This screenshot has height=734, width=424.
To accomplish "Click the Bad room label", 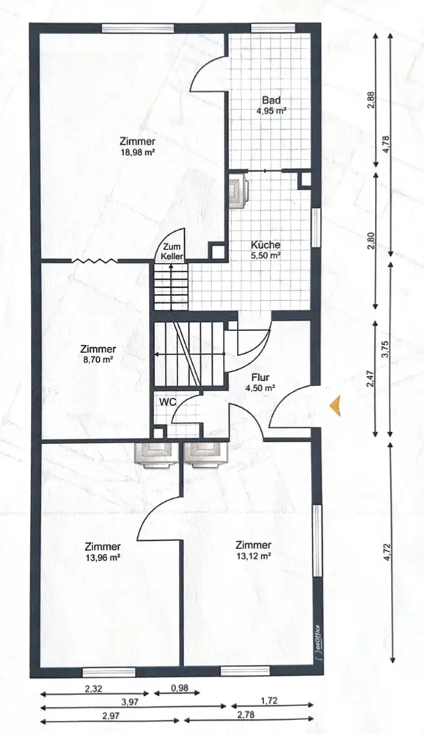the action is click(x=271, y=100).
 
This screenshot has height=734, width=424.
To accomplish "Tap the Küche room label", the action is click(x=266, y=245).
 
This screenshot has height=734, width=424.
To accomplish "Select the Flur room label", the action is click(x=260, y=378).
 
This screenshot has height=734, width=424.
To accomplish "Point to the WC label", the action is click(x=166, y=402).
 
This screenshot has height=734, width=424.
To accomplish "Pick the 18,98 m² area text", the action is click(x=137, y=152).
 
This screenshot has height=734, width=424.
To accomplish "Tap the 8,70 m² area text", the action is click(x=98, y=360).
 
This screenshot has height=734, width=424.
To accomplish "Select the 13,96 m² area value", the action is click(x=103, y=558).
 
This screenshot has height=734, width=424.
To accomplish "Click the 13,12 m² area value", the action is click(x=253, y=556).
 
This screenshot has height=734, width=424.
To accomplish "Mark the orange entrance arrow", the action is click(x=335, y=405).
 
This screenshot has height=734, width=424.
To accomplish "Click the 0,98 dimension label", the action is click(x=177, y=688).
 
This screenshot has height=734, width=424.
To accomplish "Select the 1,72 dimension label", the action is click(x=269, y=701).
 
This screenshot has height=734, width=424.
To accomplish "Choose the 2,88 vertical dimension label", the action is click(x=370, y=100).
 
